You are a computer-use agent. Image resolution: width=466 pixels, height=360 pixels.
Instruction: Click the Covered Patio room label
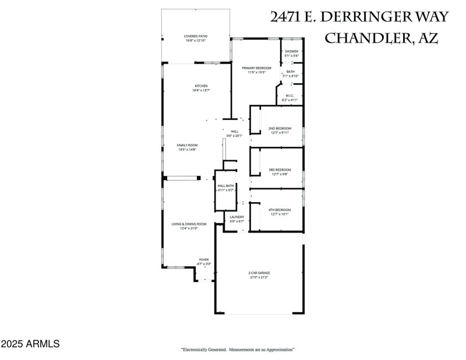(x=196, y=36)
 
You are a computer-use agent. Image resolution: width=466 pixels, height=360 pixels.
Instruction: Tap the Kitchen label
(x=201, y=86)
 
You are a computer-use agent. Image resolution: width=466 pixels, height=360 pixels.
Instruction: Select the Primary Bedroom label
(x=256, y=68)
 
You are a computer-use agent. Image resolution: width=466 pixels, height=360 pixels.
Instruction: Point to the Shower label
(x=291, y=51)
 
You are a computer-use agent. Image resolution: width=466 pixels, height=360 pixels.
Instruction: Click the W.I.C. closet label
(x=290, y=96)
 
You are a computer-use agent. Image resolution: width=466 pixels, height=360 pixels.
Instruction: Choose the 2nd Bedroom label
(x=280, y=128)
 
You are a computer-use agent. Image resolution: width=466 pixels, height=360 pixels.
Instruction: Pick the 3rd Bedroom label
(x=280, y=170)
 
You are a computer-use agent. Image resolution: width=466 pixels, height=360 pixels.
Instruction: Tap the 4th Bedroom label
(x=280, y=210)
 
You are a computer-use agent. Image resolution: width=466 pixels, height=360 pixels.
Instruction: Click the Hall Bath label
(x=225, y=186)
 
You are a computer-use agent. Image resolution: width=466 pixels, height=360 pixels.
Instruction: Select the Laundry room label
(x=236, y=217)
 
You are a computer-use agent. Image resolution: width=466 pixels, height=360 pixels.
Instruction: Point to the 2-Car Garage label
(x=260, y=273)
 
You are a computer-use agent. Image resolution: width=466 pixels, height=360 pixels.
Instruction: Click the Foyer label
(x=204, y=260)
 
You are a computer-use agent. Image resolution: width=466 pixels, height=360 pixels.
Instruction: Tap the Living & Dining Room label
(x=189, y=224)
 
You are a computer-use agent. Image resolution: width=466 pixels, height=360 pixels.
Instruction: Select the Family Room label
(x=188, y=145)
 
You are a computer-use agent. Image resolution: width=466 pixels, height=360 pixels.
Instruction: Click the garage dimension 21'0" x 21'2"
(x=260, y=277)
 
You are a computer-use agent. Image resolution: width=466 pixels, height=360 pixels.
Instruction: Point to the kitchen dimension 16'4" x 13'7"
(x=201, y=91)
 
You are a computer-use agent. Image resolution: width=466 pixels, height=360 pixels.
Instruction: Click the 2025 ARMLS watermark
(x=30, y=344)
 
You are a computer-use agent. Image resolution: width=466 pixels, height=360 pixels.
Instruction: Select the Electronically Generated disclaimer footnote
(x=238, y=350)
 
